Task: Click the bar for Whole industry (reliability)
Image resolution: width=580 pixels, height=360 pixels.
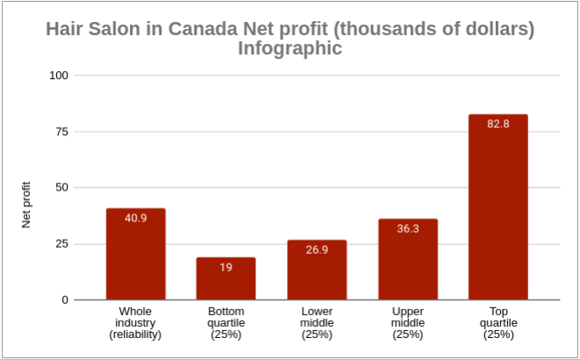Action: point(136,255)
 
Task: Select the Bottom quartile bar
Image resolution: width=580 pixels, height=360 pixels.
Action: point(226,279)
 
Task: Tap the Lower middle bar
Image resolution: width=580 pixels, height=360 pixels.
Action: point(317,270)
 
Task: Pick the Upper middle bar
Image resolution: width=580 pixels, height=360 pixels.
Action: point(408,260)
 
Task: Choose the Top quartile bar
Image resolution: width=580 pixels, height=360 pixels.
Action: point(498,207)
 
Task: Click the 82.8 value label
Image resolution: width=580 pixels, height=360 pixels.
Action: point(498,123)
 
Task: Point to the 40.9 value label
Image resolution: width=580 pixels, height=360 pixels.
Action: point(136,218)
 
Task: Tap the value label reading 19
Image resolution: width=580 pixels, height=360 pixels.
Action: point(226,267)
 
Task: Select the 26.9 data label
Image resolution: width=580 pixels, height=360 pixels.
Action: point(317,249)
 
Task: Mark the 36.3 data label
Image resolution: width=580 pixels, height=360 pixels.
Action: point(408,228)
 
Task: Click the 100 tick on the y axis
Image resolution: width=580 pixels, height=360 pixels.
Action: point(60,76)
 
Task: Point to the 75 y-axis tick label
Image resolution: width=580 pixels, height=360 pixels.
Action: point(62,132)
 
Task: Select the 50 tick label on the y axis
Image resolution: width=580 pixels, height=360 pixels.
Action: point(62,188)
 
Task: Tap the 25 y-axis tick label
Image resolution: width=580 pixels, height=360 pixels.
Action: point(62,244)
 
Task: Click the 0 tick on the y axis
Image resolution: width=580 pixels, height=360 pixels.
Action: point(65,300)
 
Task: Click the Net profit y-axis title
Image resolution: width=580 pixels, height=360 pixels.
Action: point(26,205)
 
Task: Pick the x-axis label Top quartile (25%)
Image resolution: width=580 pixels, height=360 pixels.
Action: point(498,322)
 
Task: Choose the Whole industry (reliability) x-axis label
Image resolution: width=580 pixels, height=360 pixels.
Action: point(136,322)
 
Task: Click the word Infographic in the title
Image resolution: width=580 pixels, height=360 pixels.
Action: point(290,48)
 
